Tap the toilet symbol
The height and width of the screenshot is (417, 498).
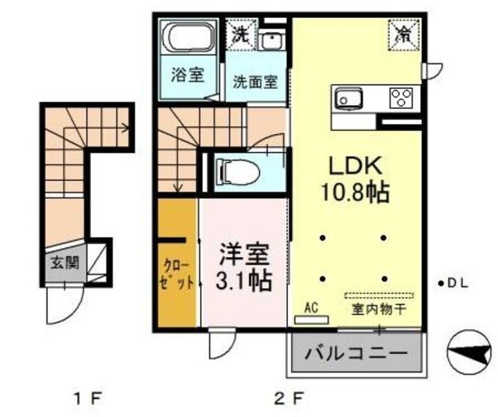pyautogui.click(x=237, y=172)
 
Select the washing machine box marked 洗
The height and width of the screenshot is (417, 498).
pyautogui.click(x=241, y=35)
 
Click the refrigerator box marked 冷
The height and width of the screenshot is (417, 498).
pyautogui.click(x=404, y=35)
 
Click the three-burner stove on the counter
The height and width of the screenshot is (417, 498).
pyautogui.click(x=402, y=97)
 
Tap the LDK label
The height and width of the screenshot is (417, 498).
pyautogui.click(x=355, y=166)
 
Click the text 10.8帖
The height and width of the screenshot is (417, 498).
pyautogui.click(x=356, y=192)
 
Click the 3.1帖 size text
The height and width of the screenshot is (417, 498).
pyautogui.click(x=244, y=281)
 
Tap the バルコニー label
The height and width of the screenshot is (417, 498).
pyautogui.click(x=356, y=353)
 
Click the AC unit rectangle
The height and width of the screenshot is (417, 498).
pyautogui.click(x=311, y=320)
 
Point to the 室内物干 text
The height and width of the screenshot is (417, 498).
pyautogui.click(x=379, y=309)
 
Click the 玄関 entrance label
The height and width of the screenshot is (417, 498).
pyautogui.click(x=65, y=263)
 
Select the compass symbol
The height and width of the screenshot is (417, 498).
pyautogui.click(x=468, y=352)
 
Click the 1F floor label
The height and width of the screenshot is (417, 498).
pyautogui.click(x=88, y=398)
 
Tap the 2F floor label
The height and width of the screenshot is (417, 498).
pyautogui.click(x=289, y=398)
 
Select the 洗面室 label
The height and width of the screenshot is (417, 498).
pyautogui.click(x=255, y=82)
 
